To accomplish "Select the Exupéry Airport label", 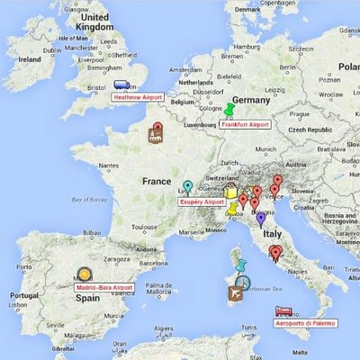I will [202, 202].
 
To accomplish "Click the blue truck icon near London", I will [122, 85].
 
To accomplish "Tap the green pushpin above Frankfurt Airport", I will [229, 110].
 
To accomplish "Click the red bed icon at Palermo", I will [282, 311].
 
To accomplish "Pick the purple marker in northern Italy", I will [261, 217].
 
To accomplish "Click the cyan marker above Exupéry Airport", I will [187, 186].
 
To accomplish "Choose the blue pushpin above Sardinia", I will [240, 265].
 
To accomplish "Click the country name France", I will [156, 181].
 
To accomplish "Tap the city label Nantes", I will [109, 165].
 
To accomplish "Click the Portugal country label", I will [22, 294].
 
